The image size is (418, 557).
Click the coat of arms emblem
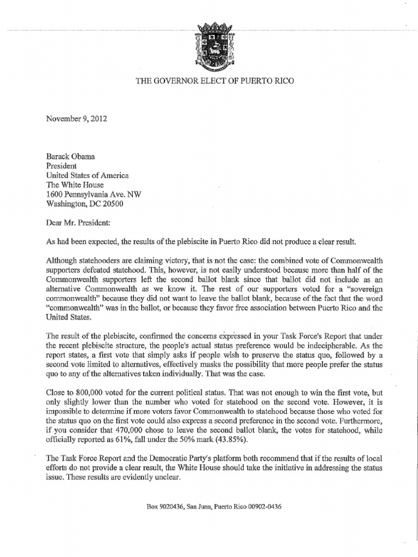pyautogui.click(x=209, y=40)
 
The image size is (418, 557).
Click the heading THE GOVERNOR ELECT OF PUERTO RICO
pyautogui.click(x=210, y=81)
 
